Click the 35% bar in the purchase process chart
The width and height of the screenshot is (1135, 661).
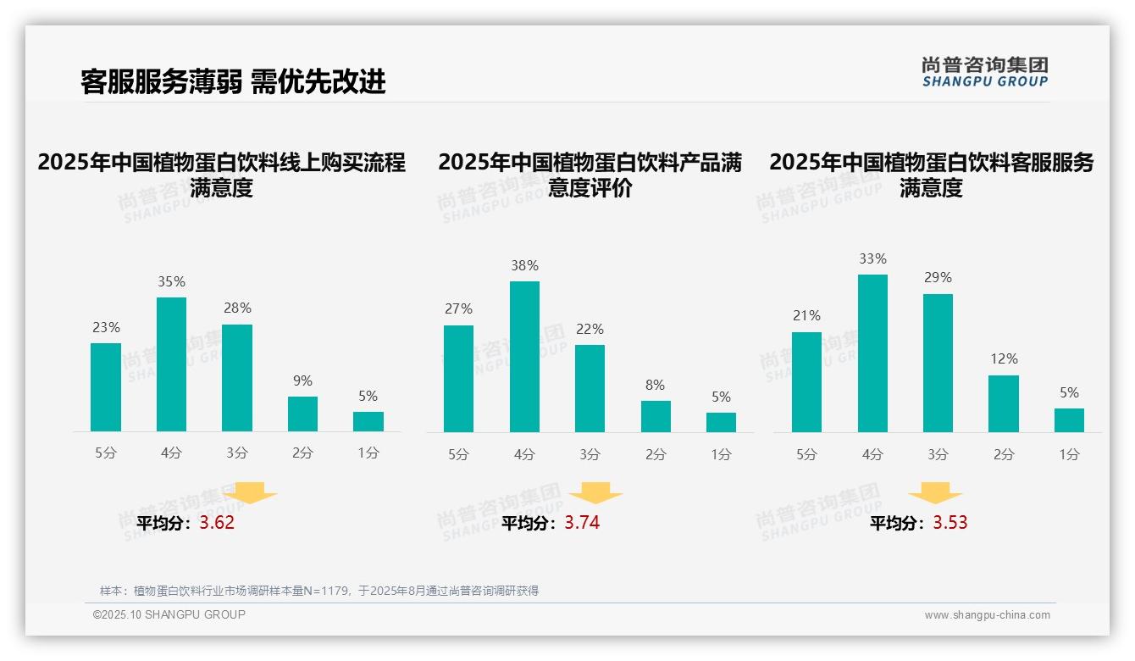click(171, 364)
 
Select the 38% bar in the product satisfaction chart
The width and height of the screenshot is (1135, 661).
click(524, 357)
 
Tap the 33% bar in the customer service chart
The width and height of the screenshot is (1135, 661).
click(872, 353)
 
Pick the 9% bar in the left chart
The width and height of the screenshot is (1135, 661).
click(302, 414)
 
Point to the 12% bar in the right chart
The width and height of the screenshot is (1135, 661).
click(1004, 404)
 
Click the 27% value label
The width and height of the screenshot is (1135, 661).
click(458, 309)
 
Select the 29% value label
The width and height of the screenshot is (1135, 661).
click(938, 278)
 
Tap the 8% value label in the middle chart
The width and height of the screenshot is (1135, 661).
click(655, 385)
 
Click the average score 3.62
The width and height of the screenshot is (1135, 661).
click(217, 523)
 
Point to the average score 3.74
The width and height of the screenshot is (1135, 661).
click(582, 523)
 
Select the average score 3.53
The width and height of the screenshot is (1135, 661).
click(950, 523)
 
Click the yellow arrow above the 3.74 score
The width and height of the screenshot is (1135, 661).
click(595, 493)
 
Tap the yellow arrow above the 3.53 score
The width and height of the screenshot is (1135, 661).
click(935, 493)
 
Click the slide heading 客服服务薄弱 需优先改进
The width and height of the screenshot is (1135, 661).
click(233, 81)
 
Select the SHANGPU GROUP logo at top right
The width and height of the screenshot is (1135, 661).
click(984, 72)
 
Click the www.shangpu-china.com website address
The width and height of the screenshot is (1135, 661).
click(987, 615)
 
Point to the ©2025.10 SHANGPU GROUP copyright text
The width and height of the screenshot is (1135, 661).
click(169, 614)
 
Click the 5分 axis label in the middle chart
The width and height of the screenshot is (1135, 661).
click(458, 455)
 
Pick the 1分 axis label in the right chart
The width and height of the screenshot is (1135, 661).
click(1069, 455)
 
